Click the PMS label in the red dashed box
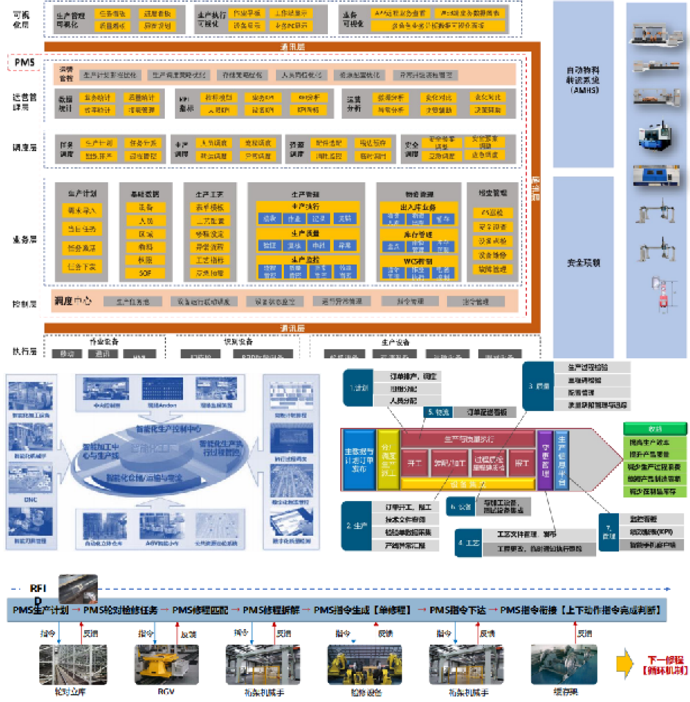24,62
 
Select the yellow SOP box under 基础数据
145,273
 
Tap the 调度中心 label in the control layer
73,301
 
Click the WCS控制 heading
418,261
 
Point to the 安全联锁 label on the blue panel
583,263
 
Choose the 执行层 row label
24,351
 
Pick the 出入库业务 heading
418,207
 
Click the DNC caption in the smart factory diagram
31,500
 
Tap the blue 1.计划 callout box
358,388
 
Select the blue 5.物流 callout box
438,412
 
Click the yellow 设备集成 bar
468,484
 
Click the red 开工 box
415,463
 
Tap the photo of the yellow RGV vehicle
167,665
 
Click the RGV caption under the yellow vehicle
166,692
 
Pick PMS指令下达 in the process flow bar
457,610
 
